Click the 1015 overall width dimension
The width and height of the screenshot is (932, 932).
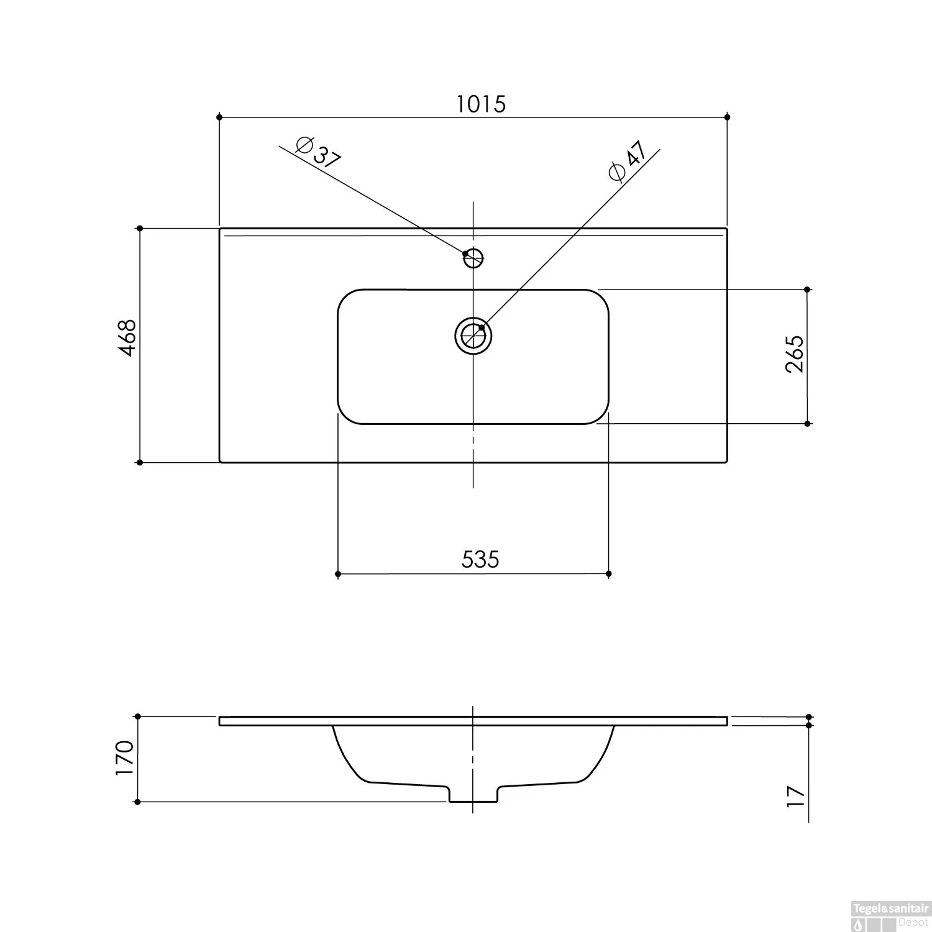coord(482,104)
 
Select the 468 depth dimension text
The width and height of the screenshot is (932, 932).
coord(127,338)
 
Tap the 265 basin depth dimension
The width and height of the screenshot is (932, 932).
coord(795,354)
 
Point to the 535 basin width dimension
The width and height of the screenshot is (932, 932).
coord(480,559)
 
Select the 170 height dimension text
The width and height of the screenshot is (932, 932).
coord(124,758)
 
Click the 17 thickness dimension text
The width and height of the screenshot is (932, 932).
coord(795,796)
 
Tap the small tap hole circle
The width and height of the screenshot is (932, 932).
coord(473,257)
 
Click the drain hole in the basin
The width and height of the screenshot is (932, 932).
coord(473,336)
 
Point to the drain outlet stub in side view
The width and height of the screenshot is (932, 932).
coord(473,794)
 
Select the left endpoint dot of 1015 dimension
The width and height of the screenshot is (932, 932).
coord(219,117)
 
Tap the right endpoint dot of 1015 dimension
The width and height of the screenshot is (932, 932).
coord(728,117)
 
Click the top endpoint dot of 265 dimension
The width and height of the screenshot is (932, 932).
coord(807,290)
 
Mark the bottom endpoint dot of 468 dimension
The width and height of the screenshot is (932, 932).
coord(140,462)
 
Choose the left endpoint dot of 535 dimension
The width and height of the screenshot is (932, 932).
coord(338,573)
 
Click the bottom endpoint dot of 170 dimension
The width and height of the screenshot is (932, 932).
coord(137,802)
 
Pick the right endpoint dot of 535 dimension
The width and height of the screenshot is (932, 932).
coord(608,573)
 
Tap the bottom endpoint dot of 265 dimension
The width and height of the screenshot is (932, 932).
coord(807,424)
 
